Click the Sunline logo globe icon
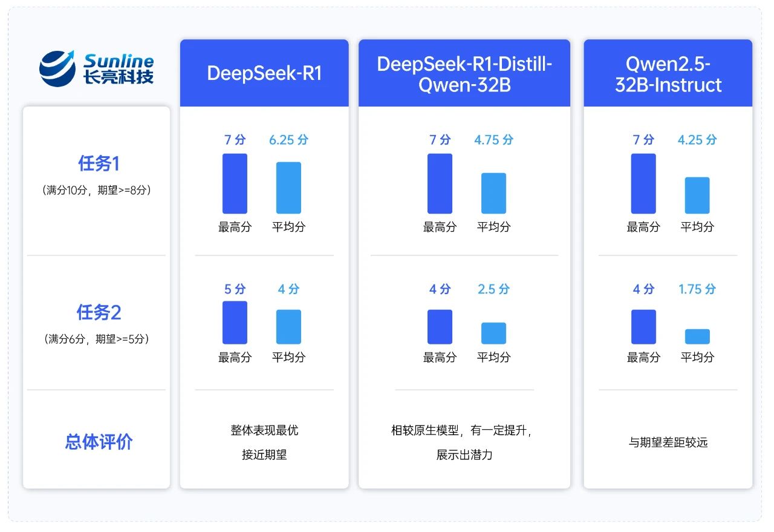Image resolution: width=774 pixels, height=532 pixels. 57,68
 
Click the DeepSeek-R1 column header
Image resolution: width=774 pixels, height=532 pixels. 264,73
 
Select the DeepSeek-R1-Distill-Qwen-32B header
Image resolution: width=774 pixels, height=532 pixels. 464,73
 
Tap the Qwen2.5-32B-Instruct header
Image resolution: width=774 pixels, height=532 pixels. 668,73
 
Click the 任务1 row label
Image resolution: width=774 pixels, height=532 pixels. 99,164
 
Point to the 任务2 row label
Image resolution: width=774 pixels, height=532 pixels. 99,312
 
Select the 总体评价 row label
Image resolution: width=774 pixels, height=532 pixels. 99,442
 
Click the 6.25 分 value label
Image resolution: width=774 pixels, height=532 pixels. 288,140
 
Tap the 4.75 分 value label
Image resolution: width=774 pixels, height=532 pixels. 493,140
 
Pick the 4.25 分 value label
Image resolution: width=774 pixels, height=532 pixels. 697,140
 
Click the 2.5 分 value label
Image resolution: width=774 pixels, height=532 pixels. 493,289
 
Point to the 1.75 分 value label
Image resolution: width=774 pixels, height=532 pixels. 697,289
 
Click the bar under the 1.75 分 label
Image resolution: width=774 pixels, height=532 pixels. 697,337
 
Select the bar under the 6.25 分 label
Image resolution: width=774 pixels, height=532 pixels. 288,188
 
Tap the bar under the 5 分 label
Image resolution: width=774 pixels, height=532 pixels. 235,323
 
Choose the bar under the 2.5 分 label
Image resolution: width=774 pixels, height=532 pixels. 493,333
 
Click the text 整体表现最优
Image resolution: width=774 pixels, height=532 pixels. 264,430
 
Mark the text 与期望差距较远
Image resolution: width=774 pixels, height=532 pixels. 668,442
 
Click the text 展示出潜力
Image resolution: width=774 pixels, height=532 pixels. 464,455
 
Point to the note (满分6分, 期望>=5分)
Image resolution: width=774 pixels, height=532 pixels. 98,339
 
